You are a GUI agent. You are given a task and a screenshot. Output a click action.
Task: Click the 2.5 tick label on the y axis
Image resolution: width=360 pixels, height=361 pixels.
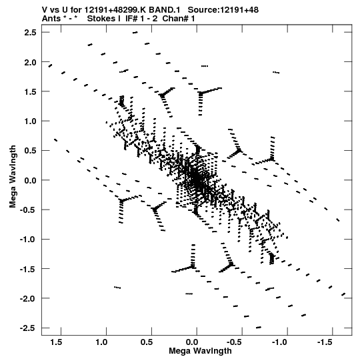(x=30, y=33)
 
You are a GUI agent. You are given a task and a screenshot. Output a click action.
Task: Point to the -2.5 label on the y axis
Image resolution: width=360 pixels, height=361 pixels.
(x=28, y=328)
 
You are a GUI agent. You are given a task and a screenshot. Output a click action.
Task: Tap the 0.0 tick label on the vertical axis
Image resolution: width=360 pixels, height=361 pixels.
(x=30, y=180)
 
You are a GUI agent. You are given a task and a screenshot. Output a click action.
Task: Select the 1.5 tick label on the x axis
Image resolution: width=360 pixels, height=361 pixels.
(x=56, y=342)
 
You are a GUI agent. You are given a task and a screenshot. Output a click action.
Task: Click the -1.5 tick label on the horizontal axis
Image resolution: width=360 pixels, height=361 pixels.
(x=325, y=342)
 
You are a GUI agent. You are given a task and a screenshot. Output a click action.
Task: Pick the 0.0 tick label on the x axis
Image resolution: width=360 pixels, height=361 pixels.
(x=192, y=342)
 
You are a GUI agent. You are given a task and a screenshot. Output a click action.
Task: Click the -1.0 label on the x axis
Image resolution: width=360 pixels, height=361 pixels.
(x=280, y=342)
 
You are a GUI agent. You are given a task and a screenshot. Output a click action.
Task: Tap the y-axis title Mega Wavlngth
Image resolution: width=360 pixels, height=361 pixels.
(x=13, y=177)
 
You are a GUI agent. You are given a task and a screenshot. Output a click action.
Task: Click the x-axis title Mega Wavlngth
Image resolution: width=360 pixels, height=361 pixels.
(x=200, y=351)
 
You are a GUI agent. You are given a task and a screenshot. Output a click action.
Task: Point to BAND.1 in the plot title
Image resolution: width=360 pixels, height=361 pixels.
(x=165, y=10)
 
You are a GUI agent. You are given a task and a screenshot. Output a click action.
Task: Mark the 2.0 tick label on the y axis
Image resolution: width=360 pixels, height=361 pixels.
(x=30, y=62)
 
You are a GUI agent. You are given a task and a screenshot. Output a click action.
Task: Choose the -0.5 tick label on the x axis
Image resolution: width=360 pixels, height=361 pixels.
(x=235, y=342)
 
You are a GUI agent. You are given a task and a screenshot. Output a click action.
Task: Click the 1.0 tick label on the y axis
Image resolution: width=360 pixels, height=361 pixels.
(x=30, y=121)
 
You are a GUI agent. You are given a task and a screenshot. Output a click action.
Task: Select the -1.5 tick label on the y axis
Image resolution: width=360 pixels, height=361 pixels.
(x=28, y=269)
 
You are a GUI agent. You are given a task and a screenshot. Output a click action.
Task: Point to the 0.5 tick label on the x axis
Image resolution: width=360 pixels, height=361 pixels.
(x=147, y=342)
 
